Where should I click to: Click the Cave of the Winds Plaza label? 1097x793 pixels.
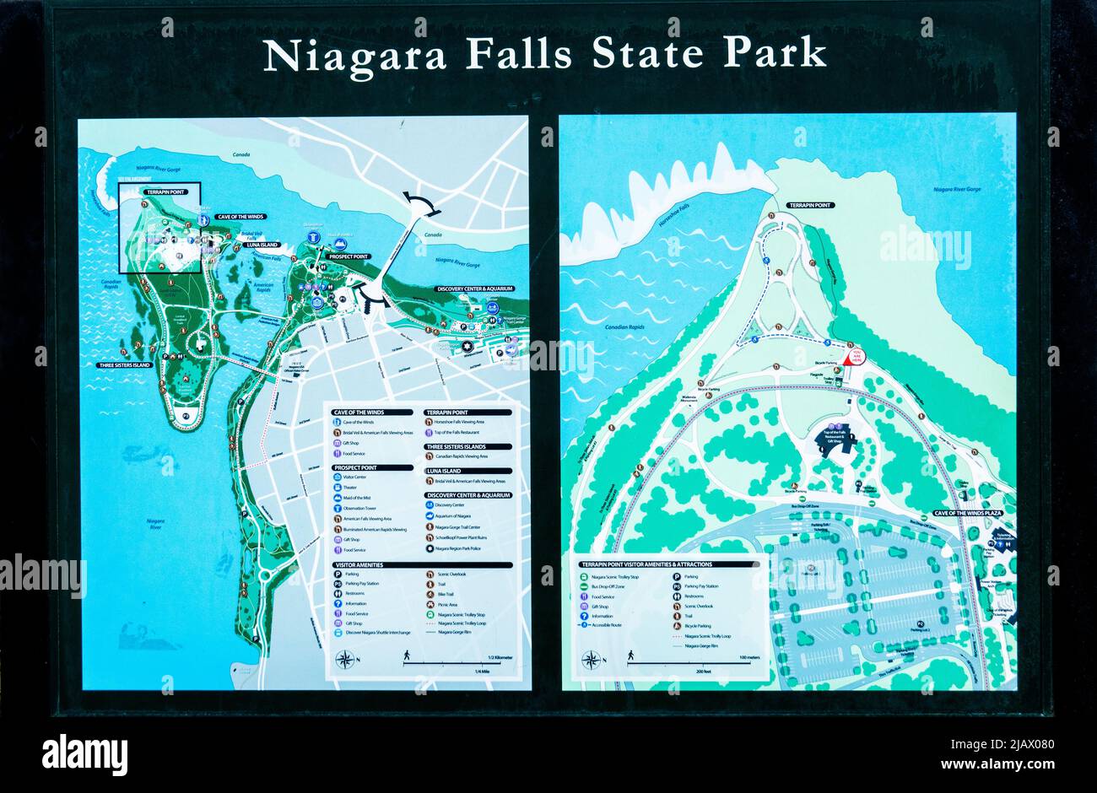967,513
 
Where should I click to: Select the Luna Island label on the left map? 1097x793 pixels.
262,244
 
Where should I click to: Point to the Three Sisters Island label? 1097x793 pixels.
124,365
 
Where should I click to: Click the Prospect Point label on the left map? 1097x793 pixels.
349,256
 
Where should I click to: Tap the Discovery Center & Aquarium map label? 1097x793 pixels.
475,289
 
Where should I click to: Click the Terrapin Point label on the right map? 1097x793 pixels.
809,205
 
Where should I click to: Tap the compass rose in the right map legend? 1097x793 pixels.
592,660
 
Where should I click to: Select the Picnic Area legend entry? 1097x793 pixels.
446,605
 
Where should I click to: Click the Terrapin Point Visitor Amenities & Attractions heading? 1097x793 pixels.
646,564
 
